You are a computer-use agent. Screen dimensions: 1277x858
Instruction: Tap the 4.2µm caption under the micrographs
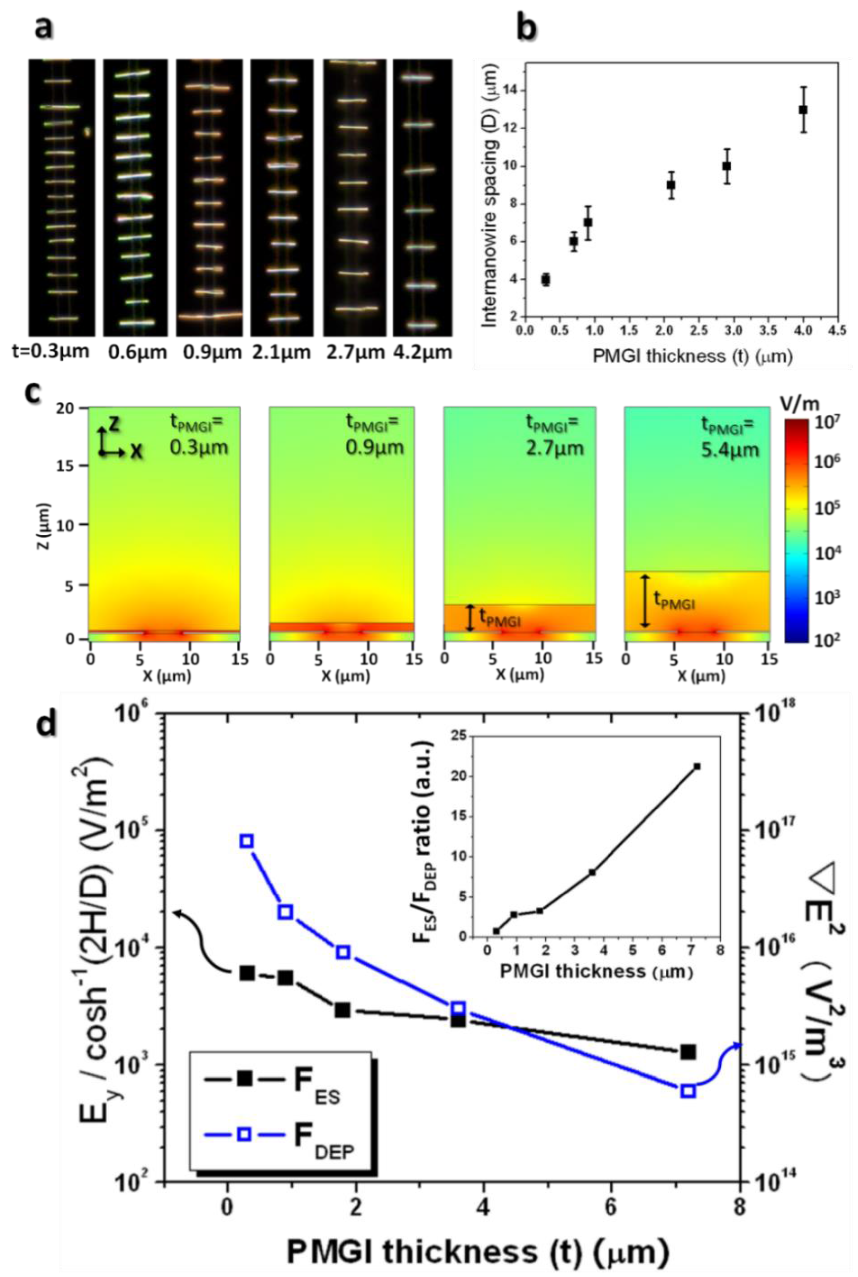[422, 352]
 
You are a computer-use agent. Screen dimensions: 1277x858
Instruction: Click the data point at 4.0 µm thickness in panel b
[803, 110]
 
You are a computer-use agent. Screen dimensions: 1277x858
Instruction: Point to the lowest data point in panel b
[545, 279]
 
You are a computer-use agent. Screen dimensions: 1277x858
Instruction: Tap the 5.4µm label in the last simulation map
[730, 449]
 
